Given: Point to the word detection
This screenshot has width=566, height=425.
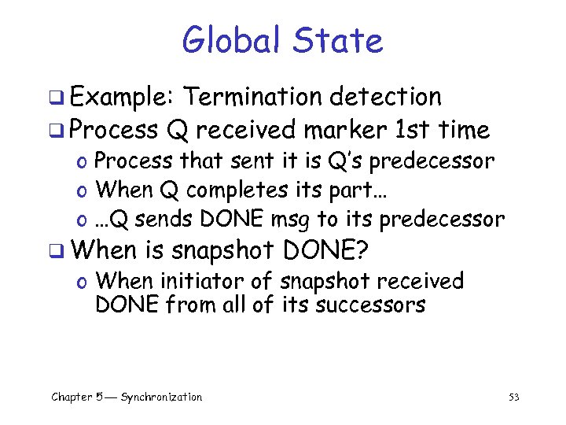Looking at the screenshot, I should [385, 97].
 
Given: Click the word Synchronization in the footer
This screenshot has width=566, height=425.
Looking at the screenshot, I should [161, 397].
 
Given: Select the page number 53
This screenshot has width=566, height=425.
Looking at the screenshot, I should [514, 397].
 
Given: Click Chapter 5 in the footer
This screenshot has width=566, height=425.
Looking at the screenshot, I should [75, 397].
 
